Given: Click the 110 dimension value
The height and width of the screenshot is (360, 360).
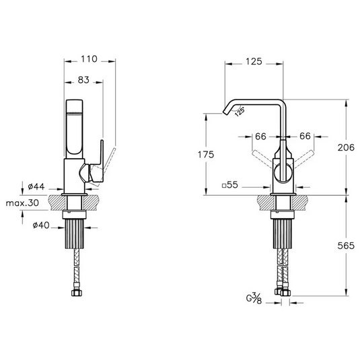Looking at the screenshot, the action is click(x=89, y=59).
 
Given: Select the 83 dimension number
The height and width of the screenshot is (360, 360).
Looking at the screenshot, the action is click(x=83, y=80).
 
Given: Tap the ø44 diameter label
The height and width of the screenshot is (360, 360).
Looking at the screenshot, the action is click(x=36, y=186).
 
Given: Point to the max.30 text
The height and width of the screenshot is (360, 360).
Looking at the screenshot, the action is click(x=22, y=203).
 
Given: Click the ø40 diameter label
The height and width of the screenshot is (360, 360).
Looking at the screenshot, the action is click(x=41, y=225).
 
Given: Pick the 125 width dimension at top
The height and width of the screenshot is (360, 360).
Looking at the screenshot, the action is click(x=254, y=61).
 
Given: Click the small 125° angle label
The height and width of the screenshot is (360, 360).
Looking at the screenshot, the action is click(x=240, y=112).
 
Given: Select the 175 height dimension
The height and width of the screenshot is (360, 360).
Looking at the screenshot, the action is click(x=206, y=155).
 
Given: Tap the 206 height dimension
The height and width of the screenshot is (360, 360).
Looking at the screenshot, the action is click(x=346, y=147).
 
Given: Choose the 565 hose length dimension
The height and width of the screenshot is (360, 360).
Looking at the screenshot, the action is click(x=346, y=246).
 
